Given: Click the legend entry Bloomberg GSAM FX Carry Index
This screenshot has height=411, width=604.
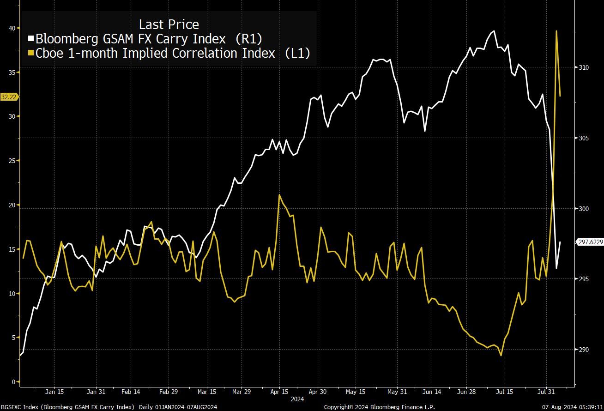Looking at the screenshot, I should [x=149, y=38].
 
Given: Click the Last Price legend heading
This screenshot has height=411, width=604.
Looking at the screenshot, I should [x=169, y=24].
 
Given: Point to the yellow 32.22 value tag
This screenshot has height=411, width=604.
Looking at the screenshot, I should [x=9, y=97].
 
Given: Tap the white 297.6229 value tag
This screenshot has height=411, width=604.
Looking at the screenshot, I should [x=591, y=242].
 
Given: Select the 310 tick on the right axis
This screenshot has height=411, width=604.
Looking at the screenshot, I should [x=585, y=67].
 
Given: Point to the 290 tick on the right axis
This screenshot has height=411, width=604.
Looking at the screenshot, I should [x=585, y=350].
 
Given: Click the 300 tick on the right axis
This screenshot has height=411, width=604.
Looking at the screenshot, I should [x=585, y=209].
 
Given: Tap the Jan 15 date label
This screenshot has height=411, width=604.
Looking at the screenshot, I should [x=54, y=392].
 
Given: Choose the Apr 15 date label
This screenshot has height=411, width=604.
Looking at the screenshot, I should [x=279, y=392].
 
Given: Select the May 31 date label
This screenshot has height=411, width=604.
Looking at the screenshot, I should [x=397, y=392].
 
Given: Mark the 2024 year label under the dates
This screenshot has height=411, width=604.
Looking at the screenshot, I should [x=297, y=398].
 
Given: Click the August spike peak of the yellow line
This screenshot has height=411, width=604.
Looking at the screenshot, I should [x=556, y=31].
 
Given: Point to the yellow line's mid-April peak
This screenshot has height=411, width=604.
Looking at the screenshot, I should [x=279, y=195].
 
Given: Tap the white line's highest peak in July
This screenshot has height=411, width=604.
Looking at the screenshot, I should [x=494, y=31].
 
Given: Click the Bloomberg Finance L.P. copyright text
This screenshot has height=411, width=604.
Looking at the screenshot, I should [x=379, y=407].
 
